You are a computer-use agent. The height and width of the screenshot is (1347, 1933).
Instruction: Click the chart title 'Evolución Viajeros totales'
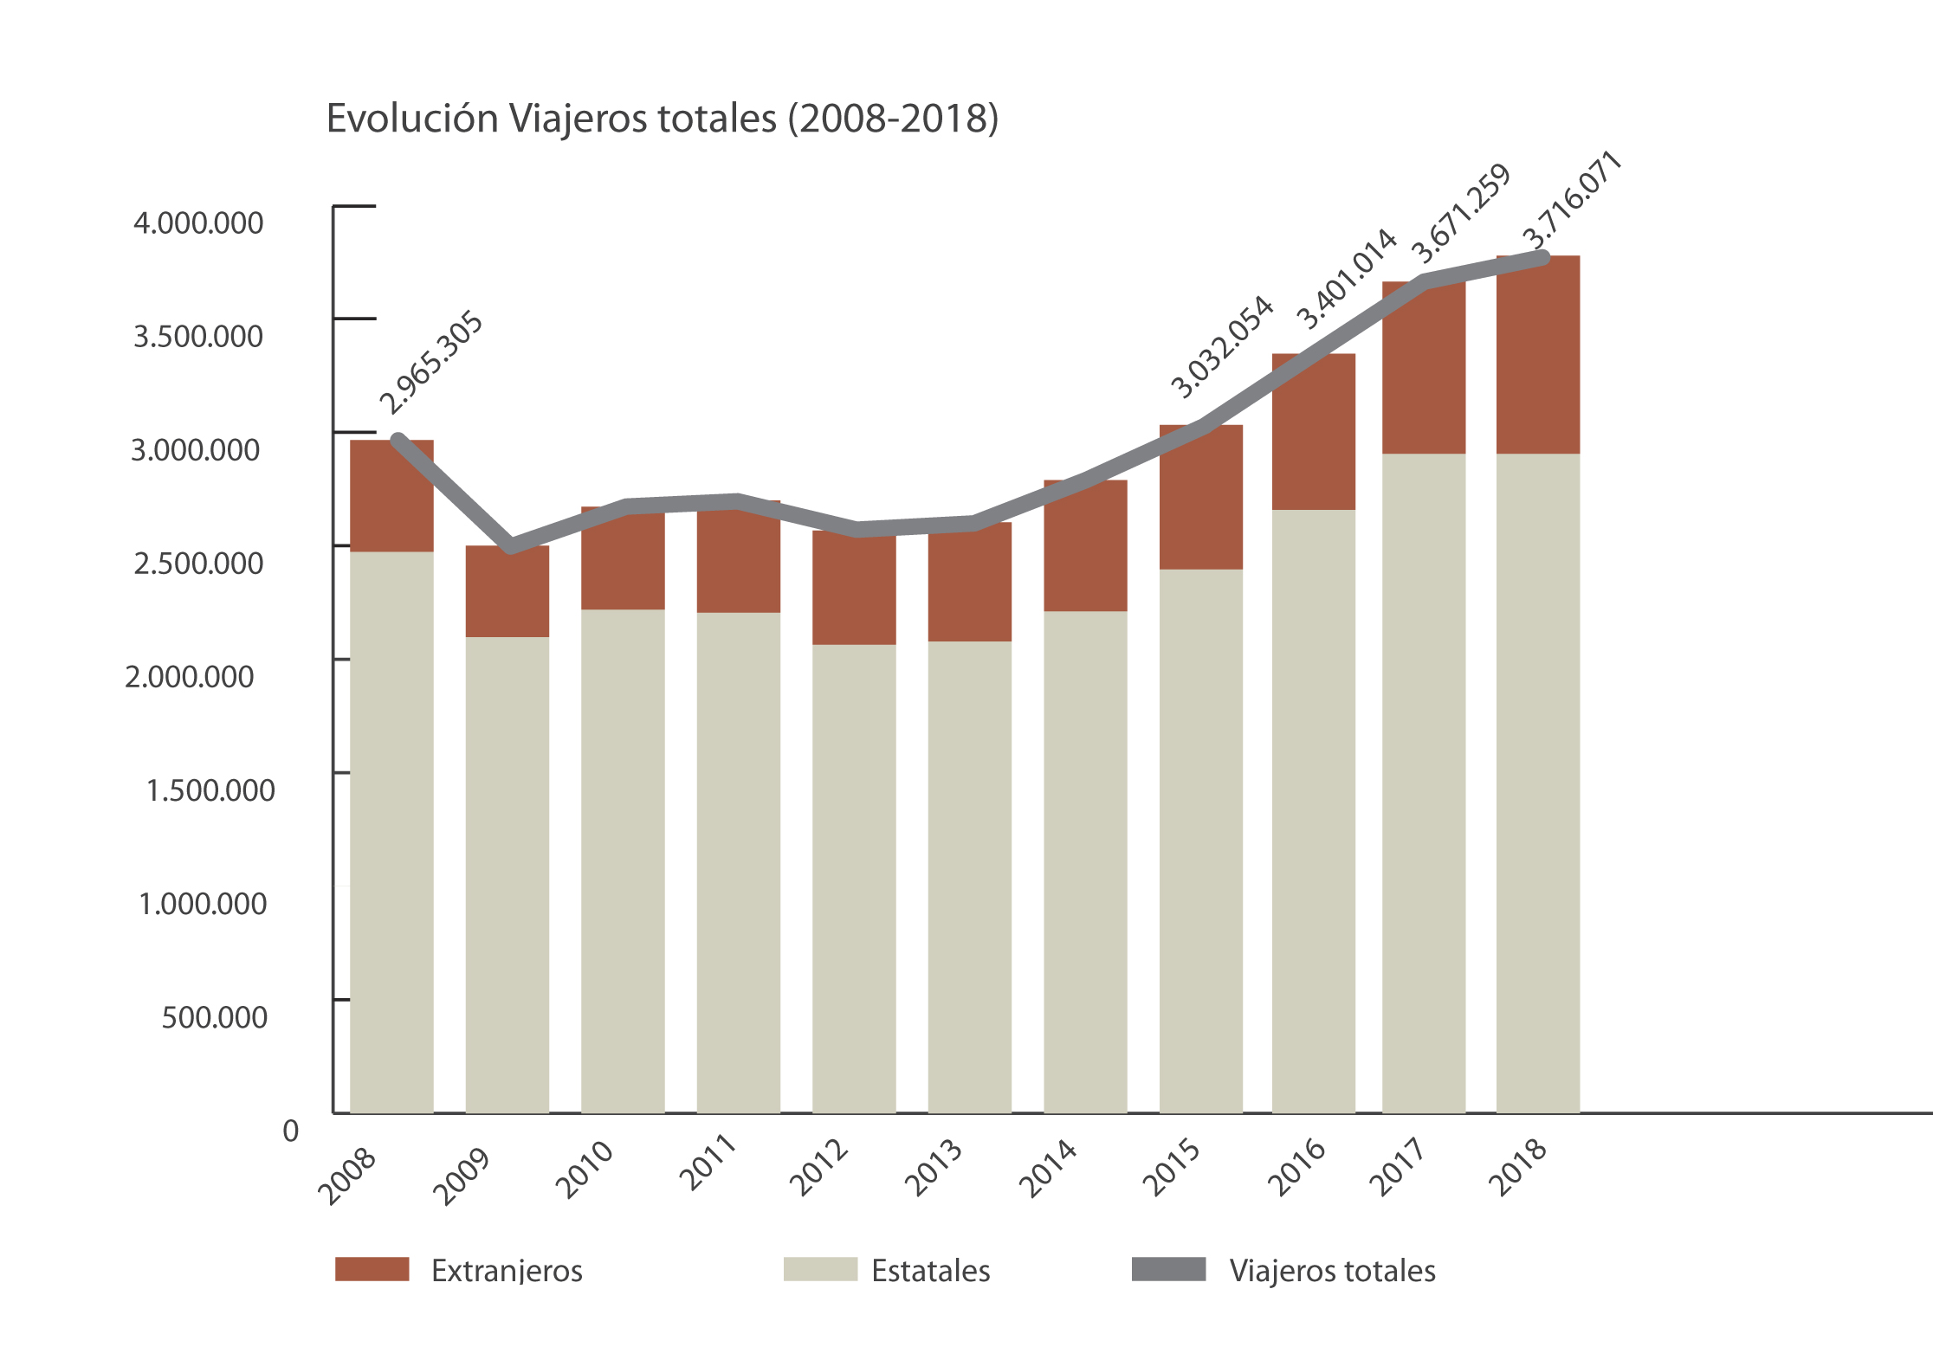(x=662, y=119)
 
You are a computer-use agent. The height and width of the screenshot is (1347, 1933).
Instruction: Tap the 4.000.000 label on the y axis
(x=198, y=223)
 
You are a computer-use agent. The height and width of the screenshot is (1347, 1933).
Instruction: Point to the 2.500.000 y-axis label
(x=198, y=564)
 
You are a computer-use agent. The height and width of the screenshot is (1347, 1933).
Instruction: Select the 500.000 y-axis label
(x=215, y=1017)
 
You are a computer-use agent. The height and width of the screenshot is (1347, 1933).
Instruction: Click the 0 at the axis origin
(x=291, y=1131)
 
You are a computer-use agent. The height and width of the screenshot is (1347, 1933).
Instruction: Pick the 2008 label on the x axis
(x=347, y=1175)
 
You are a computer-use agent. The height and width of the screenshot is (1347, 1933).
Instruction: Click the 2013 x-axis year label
(x=934, y=1168)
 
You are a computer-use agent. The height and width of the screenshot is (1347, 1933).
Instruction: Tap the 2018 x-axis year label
(x=1518, y=1166)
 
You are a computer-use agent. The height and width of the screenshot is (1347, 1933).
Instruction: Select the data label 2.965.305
(x=431, y=363)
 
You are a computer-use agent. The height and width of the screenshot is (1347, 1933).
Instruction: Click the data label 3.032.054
(x=1222, y=347)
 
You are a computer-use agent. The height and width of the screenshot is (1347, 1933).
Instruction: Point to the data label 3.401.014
(x=1346, y=279)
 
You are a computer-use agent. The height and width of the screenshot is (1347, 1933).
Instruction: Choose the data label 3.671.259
(x=1461, y=214)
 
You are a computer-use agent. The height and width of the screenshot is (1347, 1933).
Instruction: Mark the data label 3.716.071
(x=1572, y=199)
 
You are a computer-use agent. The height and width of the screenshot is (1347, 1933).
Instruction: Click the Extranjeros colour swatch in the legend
(x=372, y=1269)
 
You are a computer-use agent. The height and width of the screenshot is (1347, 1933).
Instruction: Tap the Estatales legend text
(x=931, y=1271)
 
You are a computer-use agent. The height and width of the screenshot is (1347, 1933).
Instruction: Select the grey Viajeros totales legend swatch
(x=1168, y=1269)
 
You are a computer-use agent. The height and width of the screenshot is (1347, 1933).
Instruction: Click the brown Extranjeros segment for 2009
(x=507, y=592)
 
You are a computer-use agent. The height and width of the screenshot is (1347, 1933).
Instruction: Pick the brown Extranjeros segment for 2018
(x=1538, y=355)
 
